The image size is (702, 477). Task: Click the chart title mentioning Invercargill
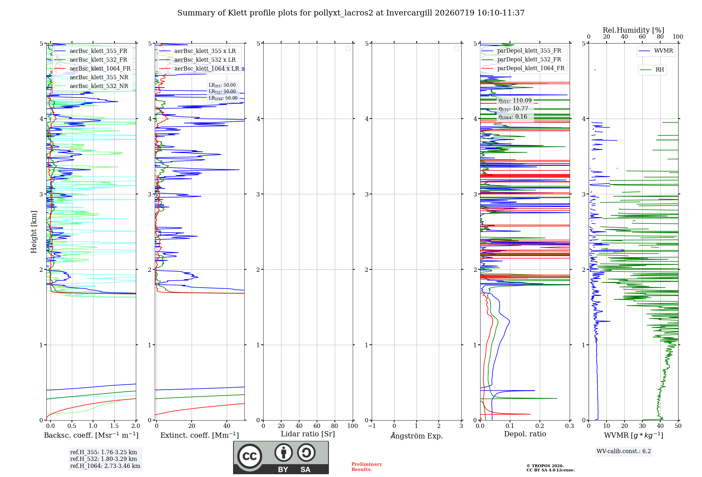point(351,13)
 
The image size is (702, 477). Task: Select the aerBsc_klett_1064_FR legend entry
point(92,68)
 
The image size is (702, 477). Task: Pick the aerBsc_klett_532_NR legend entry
point(91,86)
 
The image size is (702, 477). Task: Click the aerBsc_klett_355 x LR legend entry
point(198,51)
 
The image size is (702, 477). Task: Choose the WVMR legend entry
point(656,51)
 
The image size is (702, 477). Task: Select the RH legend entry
point(652,70)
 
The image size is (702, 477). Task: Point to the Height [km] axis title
point(34,232)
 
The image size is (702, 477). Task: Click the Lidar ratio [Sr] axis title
point(308,434)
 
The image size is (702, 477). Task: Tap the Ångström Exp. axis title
point(417,436)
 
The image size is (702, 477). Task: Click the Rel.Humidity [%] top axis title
point(634,30)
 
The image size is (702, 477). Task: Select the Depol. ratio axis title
point(525,434)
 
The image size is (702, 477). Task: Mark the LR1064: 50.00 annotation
point(223,98)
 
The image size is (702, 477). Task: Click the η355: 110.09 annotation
point(515,101)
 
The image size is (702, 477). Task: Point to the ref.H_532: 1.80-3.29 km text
point(104,459)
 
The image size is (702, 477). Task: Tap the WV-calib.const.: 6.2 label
point(624,451)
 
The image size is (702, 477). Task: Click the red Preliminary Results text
point(367,467)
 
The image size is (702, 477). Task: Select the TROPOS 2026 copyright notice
point(550,468)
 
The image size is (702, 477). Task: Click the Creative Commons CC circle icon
point(250,456)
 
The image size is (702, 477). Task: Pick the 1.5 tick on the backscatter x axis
point(114,426)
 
